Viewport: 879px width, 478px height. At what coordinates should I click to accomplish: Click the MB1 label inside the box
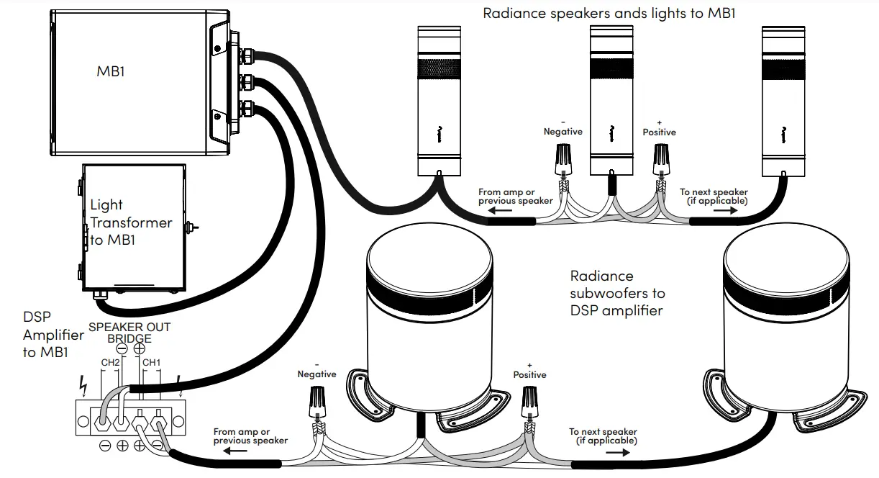tap(111, 71)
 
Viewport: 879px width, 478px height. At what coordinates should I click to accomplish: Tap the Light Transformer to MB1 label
tap(131, 222)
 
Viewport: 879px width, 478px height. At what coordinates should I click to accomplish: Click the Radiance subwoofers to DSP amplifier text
tap(617, 293)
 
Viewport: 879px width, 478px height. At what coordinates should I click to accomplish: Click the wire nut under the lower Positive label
tap(530, 401)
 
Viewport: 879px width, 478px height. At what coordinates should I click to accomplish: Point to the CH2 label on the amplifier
tap(109, 363)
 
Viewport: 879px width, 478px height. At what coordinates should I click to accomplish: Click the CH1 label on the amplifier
tap(151, 363)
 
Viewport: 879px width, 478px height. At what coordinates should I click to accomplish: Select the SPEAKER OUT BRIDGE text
tap(129, 333)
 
